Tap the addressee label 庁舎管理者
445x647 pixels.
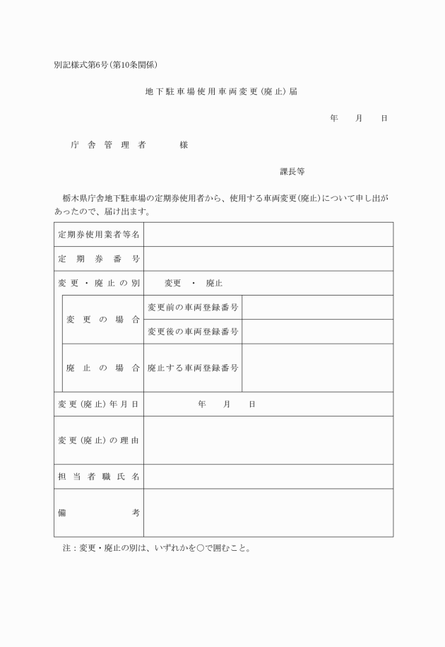tap(108, 145)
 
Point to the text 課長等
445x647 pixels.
tap(292, 172)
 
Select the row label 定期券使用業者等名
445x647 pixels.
tap(98, 234)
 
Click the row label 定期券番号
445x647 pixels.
tap(98, 259)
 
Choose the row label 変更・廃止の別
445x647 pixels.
tap(98, 283)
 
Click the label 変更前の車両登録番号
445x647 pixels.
tap(193, 308)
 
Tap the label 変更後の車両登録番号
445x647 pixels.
tap(193, 332)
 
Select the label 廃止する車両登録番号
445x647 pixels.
tap(193, 368)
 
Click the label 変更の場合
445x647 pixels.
tap(103, 320)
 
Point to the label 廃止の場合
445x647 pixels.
tap(103, 368)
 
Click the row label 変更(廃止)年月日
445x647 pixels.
tap(98, 404)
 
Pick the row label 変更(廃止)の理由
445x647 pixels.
tap(98, 440)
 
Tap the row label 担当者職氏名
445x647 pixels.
tap(98, 477)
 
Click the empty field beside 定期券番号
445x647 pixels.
tap(268, 259)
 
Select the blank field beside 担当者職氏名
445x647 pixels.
tap(268, 477)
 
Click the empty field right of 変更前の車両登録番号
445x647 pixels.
tap(317, 308)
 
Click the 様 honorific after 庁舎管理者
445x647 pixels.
tap(184, 145)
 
